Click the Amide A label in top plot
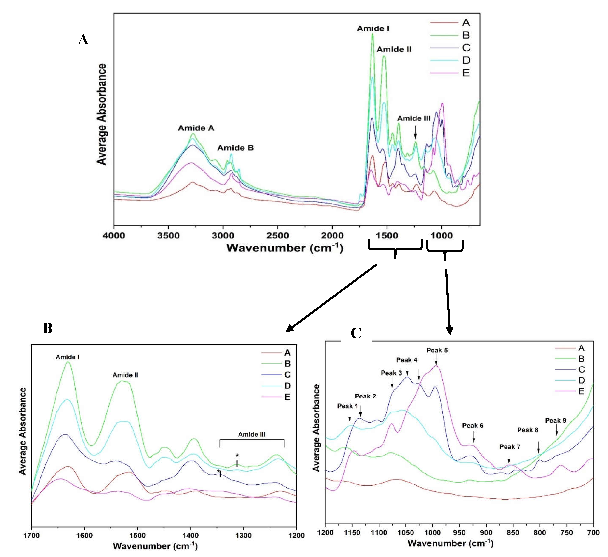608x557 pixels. (x=196, y=128)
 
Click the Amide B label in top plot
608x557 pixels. (x=236, y=148)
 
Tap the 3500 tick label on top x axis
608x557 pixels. (x=168, y=236)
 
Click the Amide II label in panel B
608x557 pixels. (x=125, y=375)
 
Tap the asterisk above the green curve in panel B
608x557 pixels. (x=237, y=456)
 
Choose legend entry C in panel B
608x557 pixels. (x=287, y=374)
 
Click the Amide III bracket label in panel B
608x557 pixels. (x=252, y=435)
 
